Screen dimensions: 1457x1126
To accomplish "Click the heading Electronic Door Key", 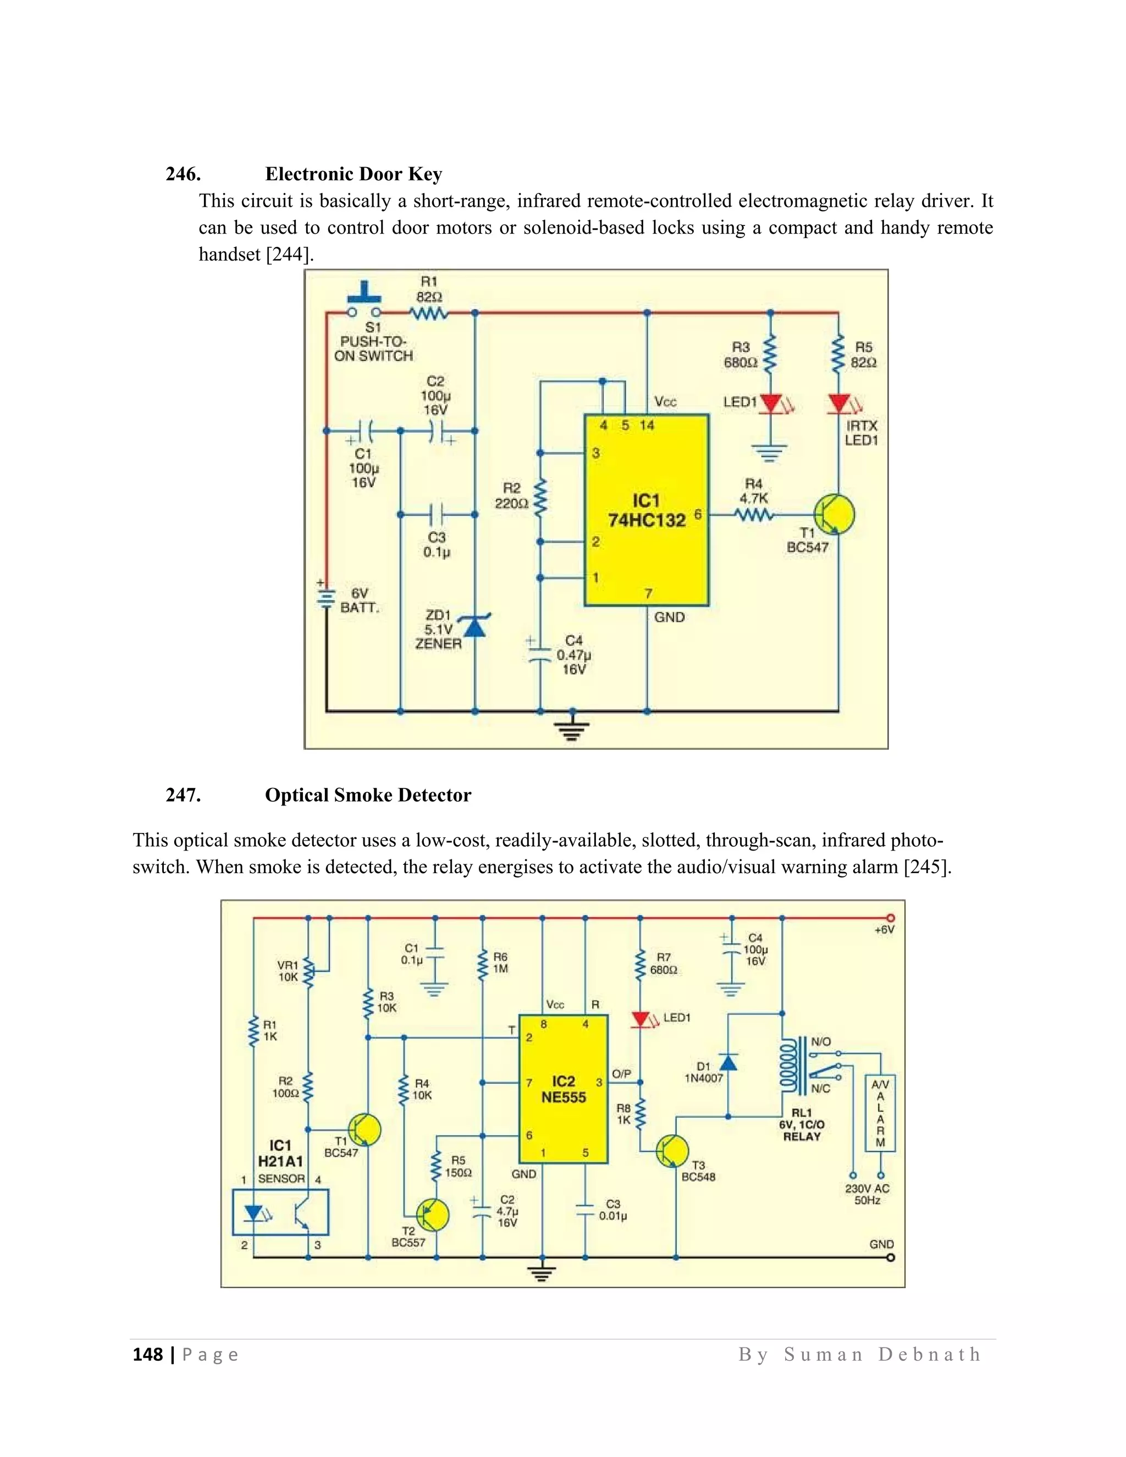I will click(353, 174).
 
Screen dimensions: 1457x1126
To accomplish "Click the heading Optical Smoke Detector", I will click(368, 795).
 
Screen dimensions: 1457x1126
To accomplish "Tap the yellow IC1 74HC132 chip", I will click(645, 510).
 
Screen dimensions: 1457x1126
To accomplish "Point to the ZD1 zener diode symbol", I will click(474, 626).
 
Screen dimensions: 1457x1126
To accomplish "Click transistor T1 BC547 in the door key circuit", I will click(835, 515).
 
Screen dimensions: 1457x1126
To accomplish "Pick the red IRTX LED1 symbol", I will click(838, 404).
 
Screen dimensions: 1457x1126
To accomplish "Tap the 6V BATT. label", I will click(360, 600).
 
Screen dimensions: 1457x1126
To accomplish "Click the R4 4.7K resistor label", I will click(753, 491).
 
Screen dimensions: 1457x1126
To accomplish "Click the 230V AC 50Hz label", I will click(867, 1194).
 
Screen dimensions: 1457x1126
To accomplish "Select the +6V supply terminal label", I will click(884, 930).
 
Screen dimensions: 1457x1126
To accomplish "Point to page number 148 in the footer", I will click(147, 1354).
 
